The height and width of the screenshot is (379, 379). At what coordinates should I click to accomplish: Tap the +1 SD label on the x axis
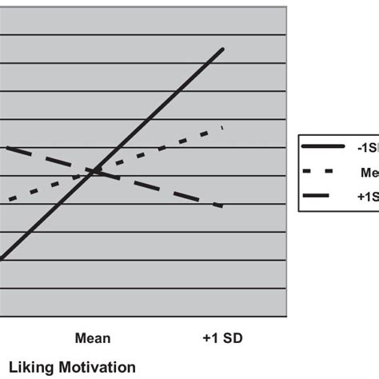(x=223, y=337)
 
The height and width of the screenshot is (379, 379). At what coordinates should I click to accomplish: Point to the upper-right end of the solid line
(x=223, y=49)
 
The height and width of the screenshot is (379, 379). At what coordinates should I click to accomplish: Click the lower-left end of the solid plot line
(x=2, y=258)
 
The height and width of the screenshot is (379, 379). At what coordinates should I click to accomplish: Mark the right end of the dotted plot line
(x=221, y=127)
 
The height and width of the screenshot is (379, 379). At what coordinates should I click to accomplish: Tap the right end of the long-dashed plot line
(x=221, y=206)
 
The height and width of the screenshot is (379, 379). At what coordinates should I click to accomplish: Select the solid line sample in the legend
(x=320, y=147)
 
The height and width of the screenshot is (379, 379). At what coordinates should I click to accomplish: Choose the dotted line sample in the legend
(x=320, y=171)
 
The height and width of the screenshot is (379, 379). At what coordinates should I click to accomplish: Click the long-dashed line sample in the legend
(x=320, y=196)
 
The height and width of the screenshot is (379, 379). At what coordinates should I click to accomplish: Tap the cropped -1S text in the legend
(x=367, y=147)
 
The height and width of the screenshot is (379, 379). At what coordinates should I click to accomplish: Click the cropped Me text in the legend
(x=369, y=171)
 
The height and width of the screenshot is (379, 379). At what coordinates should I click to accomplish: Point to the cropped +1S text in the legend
(x=367, y=196)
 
